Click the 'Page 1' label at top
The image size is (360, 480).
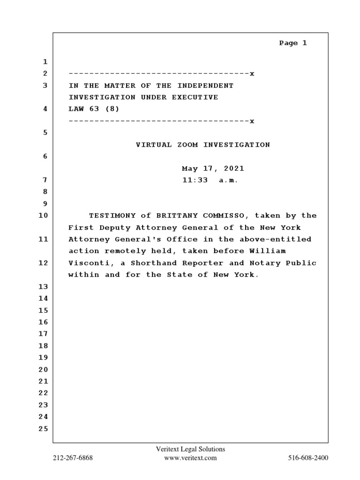(293, 43)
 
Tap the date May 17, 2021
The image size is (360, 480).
(213, 168)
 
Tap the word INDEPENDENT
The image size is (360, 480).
(208, 86)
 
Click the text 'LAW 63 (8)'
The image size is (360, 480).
(94, 109)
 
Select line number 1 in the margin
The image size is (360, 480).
(45, 62)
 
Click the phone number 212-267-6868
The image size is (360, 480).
(73, 458)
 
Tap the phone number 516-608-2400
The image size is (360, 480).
(308, 458)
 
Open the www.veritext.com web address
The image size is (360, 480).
(190, 458)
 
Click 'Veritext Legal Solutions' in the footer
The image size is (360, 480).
(190, 449)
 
